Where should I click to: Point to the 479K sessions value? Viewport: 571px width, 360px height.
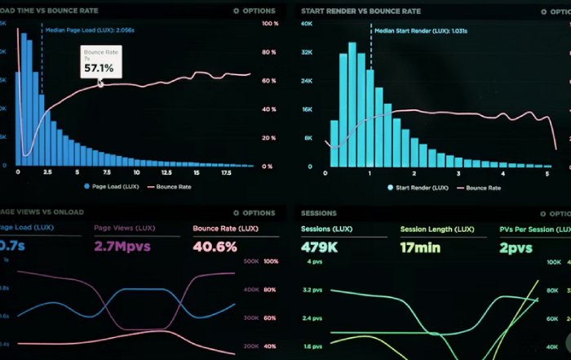(320, 247)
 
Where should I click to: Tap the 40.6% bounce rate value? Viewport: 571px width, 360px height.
(215, 247)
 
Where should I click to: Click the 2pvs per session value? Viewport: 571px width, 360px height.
(516, 247)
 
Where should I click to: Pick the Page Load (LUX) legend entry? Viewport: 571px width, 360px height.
(113, 187)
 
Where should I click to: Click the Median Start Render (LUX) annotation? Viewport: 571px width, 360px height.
(409, 29)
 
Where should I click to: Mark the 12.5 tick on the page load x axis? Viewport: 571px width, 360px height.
(166, 174)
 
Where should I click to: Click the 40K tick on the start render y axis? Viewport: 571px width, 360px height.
(308, 24)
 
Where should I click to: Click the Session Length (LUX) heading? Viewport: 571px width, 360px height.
(436, 229)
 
